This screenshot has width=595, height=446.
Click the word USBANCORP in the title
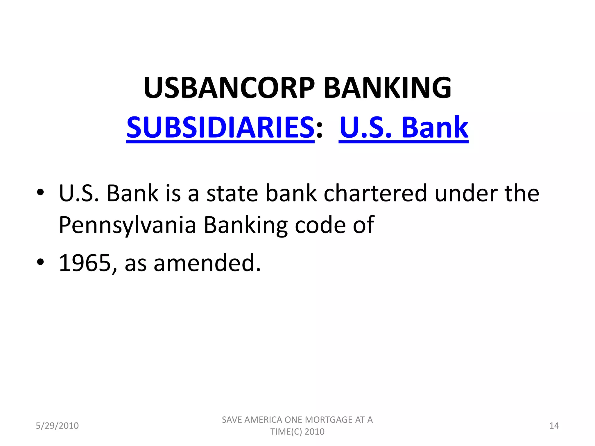pyautogui.click(x=229, y=88)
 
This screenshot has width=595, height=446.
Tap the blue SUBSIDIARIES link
pyautogui.click(x=220, y=127)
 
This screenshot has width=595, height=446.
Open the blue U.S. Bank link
pyautogui.click(x=404, y=127)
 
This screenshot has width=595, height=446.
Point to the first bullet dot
pyautogui.click(x=40, y=193)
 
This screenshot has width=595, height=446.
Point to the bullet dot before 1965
pyautogui.click(x=40, y=262)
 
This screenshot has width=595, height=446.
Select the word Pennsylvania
pyautogui.click(x=127, y=225)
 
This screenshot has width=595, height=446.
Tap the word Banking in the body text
pyautogui.click(x=245, y=225)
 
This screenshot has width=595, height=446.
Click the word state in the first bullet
pyautogui.click(x=232, y=193)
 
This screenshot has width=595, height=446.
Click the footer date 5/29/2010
pyautogui.click(x=57, y=426)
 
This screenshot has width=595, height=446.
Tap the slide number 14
pyautogui.click(x=554, y=426)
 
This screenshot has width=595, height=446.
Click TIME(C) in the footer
pyautogui.click(x=286, y=432)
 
